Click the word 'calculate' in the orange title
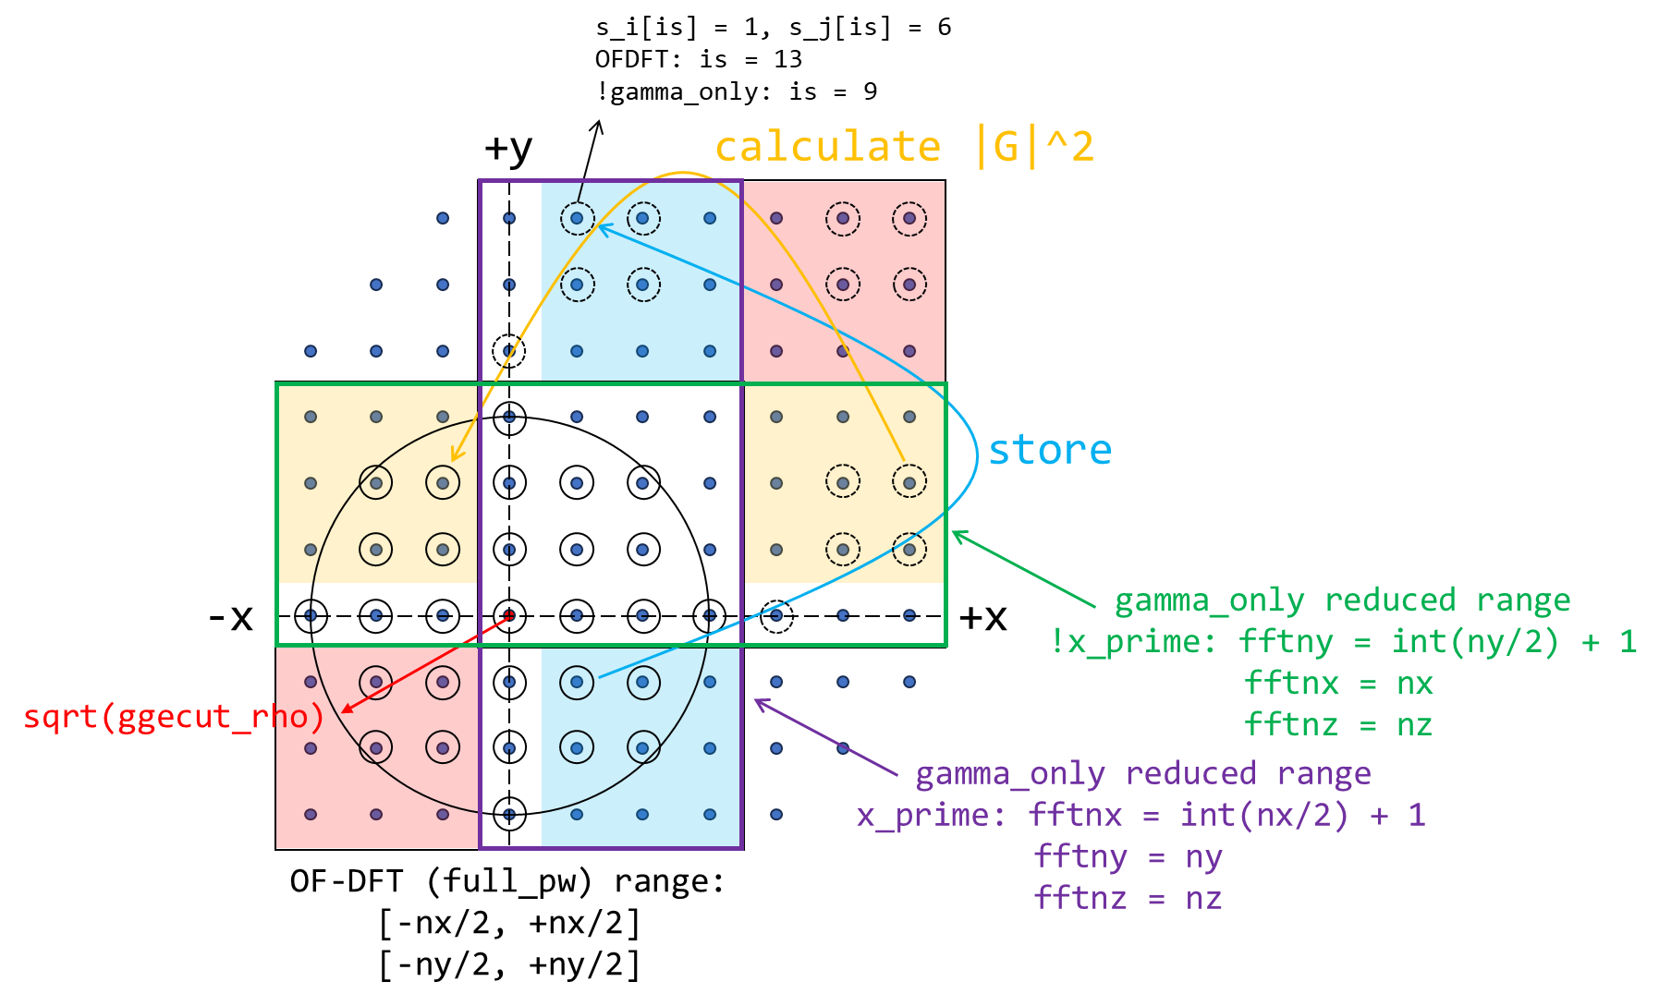[x=828, y=147]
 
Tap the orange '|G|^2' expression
[x=1036, y=147]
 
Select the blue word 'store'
[x=1050, y=450]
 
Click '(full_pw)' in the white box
[x=509, y=881]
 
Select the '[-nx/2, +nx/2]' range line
[x=509, y=923]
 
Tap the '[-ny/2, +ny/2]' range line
[x=509, y=964]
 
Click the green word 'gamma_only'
[x=1209, y=600]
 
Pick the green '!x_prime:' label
[x=1133, y=641]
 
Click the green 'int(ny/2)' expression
[x=1475, y=641]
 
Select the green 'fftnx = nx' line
[x=1338, y=683]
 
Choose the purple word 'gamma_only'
[x=1010, y=773]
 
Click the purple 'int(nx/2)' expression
[x=1263, y=815]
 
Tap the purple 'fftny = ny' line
[x=1128, y=856]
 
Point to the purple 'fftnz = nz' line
[x=1128, y=898]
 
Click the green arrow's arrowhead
[x=956, y=533]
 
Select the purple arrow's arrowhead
[x=759, y=703]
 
